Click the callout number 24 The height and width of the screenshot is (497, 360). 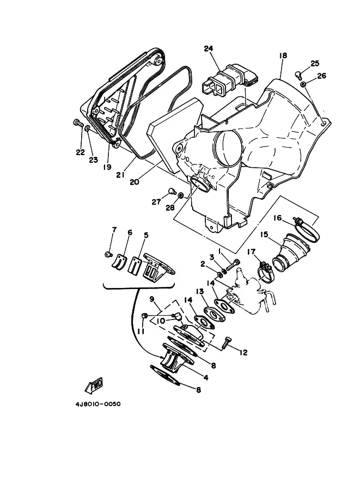pyautogui.click(x=209, y=48)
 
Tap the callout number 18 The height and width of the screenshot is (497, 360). pyautogui.click(x=283, y=56)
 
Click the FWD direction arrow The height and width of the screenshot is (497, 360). pyautogui.click(x=94, y=385)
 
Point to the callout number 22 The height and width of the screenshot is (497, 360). pyautogui.click(x=80, y=152)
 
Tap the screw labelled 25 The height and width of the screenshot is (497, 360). pyautogui.click(x=298, y=75)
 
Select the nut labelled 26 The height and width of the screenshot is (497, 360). pyautogui.click(x=303, y=84)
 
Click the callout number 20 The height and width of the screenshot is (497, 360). pyautogui.click(x=134, y=182)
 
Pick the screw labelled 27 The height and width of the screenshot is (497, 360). pyautogui.click(x=172, y=191)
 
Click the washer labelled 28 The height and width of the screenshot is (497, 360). pyautogui.click(x=180, y=195)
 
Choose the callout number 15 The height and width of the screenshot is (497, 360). pyautogui.click(x=264, y=235)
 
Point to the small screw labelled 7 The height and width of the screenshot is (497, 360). pyautogui.click(x=108, y=254)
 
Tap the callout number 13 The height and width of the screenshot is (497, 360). pyautogui.click(x=199, y=291)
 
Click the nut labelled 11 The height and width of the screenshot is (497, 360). pyautogui.click(x=144, y=315)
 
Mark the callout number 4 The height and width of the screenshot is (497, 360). pyautogui.click(x=206, y=377)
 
